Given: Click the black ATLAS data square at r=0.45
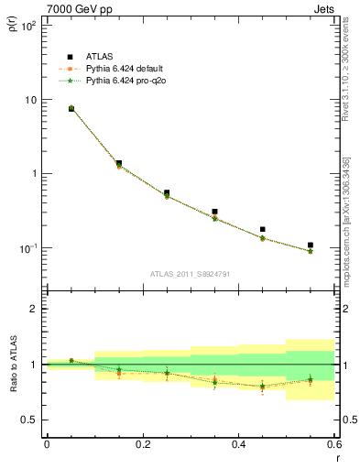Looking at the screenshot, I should (263, 229).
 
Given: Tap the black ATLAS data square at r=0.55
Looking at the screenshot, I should (311, 245).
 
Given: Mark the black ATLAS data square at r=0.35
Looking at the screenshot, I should (214, 212).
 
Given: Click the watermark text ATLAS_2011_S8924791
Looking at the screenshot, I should (190, 274).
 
